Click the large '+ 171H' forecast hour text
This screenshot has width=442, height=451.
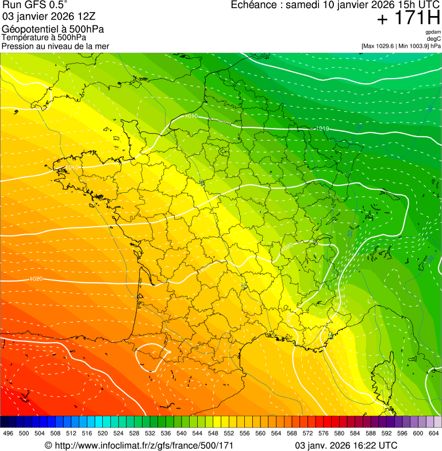click(x=408, y=18)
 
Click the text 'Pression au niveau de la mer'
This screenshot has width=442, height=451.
click(x=55, y=46)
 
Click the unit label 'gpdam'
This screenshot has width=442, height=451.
click(x=433, y=32)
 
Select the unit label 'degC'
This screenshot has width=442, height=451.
click(x=435, y=38)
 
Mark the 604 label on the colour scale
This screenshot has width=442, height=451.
click(x=434, y=433)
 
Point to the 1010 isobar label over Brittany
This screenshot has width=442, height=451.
click(x=72, y=168)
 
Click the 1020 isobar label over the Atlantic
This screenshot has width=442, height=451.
click(x=36, y=279)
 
